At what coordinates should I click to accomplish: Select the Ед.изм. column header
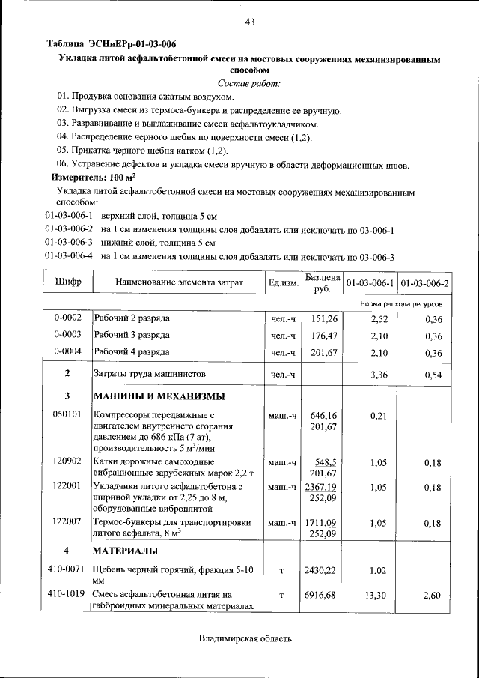[283, 283]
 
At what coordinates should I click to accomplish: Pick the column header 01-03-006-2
[424, 283]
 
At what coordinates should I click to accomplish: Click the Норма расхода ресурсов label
[400, 304]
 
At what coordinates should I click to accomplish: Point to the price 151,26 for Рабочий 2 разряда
[324, 319]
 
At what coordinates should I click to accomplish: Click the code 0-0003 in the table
[67, 336]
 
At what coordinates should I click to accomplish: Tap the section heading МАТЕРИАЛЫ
[124, 551]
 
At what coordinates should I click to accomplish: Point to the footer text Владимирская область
[245, 638]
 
